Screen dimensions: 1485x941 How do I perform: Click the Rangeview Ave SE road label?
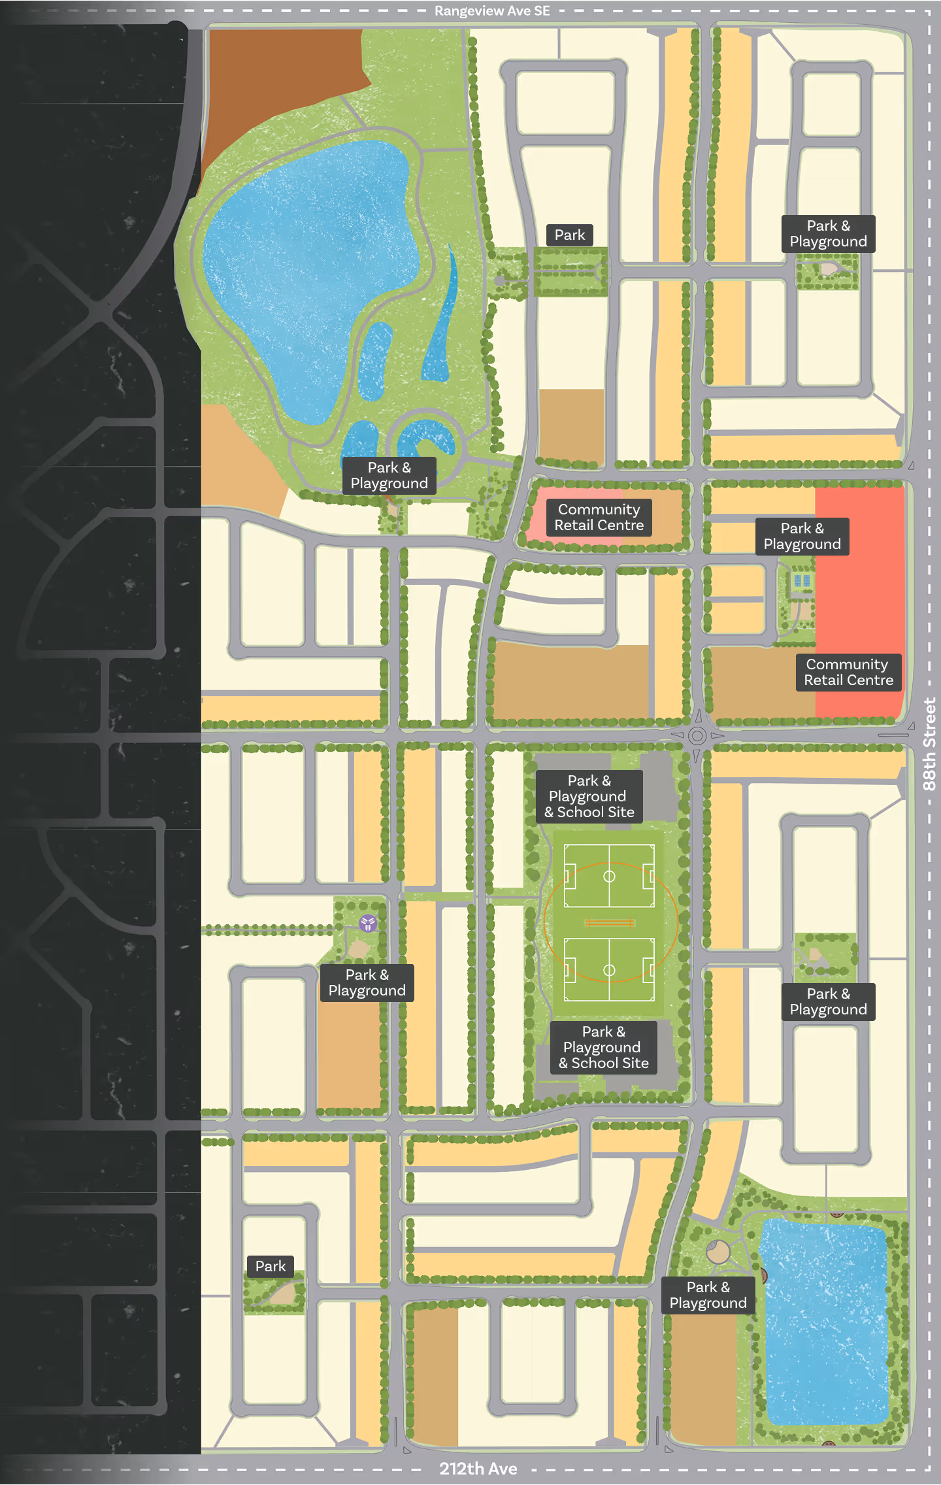[492, 11]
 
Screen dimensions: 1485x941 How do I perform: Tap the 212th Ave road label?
[478, 1469]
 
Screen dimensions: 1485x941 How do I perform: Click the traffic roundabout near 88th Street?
[697, 736]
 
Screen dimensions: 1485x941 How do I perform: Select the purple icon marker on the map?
[368, 923]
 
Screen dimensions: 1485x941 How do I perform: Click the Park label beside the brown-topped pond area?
[569, 235]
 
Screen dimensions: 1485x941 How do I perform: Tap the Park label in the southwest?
[271, 1266]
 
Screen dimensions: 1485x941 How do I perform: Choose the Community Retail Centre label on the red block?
[848, 672]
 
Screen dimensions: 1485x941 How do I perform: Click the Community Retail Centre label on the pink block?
[599, 517]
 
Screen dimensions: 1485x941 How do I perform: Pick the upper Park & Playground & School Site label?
[589, 796]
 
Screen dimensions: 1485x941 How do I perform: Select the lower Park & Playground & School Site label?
[603, 1047]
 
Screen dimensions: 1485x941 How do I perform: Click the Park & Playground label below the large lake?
[389, 475]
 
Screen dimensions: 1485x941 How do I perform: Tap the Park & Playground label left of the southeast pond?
[708, 1295]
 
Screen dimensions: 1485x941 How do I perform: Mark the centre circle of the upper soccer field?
[609, 876]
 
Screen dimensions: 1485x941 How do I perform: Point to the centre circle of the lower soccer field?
[609, 970]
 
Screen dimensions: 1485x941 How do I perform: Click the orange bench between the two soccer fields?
[609, 923]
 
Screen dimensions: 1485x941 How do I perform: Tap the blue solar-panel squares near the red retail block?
[802, 580]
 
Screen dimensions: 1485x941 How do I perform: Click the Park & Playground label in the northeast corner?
[828, 233]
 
